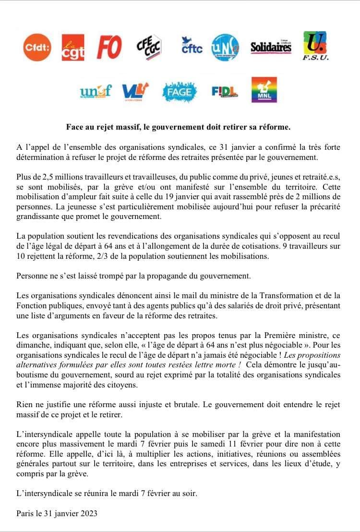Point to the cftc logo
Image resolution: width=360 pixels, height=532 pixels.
192,47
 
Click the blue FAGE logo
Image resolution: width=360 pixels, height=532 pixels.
180,91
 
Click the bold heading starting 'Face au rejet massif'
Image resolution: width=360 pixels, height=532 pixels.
178,127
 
